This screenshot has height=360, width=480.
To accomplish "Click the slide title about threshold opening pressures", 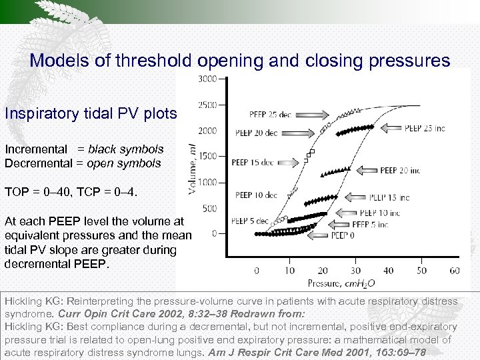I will (x=240, y=61).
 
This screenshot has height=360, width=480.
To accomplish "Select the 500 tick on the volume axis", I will (x=209, y=208).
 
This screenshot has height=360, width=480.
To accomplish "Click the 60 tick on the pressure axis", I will (x=455, y=271).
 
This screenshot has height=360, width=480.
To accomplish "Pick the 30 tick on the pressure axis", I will (x=356, y=271).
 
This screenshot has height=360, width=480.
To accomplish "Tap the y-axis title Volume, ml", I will (x=193, y=169).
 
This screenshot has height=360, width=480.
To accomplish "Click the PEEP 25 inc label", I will (x=425, y=128).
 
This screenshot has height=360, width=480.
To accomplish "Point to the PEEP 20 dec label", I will (x=255, y=133).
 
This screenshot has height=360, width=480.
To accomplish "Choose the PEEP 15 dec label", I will (x=253, y=162).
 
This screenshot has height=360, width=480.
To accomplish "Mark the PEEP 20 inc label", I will (x=400, y=171).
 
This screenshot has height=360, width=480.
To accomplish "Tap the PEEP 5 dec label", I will (x=250, y=221).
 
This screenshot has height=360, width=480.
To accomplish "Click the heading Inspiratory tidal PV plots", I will (x=90, y=113).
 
